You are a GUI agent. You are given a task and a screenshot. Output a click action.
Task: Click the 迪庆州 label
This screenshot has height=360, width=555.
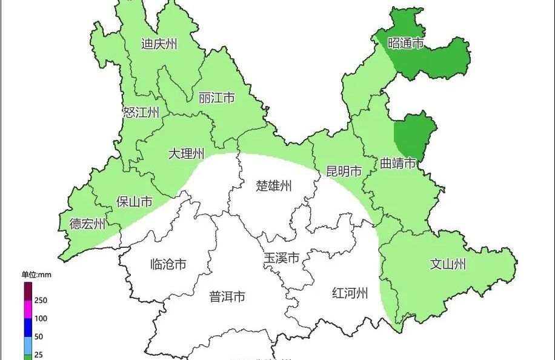coord(159,44)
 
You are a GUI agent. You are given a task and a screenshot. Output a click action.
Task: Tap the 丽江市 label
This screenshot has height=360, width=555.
coord(216,98)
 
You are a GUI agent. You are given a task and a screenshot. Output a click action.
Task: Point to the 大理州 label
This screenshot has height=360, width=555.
coord(186,154)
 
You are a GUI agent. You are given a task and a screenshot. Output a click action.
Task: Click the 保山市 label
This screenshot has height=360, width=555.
coord(135,202)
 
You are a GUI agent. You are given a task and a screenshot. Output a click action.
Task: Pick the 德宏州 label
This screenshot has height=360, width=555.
coord(87,224)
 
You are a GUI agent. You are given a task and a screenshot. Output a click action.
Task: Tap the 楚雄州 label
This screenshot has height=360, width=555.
coord(274,185)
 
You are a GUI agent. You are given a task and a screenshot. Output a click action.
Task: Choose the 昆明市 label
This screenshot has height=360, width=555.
coord(344,172)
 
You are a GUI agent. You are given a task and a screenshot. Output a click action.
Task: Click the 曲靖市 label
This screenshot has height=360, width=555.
coord(398,164)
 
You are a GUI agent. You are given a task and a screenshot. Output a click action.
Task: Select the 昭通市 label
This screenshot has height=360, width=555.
coord(405,44)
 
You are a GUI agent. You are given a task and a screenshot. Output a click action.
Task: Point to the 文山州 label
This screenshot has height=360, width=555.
coord(448,264)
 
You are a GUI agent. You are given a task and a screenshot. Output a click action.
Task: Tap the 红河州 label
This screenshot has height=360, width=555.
coord(350,294)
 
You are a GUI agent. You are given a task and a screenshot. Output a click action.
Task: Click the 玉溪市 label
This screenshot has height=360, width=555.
coord(281,258)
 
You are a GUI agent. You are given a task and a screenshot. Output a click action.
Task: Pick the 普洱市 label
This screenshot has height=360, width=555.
coord(227,296)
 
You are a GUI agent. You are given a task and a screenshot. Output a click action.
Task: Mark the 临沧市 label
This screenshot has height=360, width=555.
coord(168,264)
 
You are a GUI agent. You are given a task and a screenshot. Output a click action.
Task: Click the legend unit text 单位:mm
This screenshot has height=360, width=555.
coord(37,275)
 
